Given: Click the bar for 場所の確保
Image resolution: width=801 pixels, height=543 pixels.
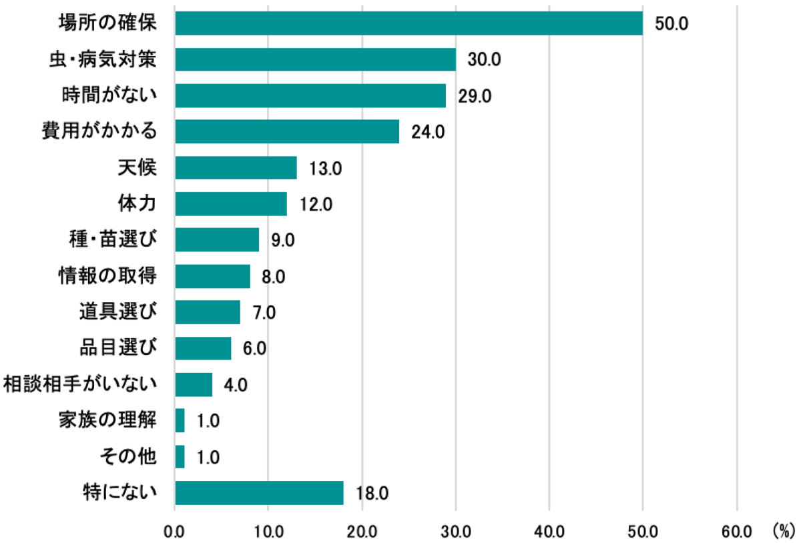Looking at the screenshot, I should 409,23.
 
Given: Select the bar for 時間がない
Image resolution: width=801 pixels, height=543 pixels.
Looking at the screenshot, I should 310,95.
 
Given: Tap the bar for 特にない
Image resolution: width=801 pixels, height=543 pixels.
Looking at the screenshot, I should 259,493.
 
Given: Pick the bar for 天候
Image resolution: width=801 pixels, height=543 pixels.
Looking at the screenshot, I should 236,167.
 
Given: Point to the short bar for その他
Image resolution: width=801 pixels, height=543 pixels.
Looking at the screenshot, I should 180,457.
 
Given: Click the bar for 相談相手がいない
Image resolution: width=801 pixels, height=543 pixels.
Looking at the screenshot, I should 194,385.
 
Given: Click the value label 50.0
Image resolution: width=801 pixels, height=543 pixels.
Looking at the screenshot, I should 672,24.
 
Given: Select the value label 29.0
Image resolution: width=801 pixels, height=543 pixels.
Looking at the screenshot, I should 475,96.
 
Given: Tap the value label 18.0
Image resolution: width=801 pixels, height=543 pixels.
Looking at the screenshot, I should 372,494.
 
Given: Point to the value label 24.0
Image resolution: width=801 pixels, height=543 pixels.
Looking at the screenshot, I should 428,132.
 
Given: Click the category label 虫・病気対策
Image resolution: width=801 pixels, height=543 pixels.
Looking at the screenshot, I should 103,59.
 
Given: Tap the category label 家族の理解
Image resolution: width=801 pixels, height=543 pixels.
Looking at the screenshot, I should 108,420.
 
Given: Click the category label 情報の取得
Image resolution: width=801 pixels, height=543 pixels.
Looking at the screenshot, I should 108,276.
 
